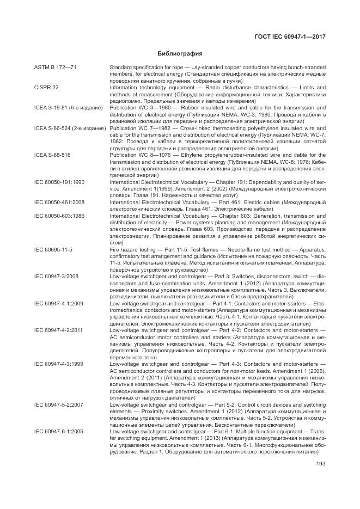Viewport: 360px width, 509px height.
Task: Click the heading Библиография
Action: coord(180,54)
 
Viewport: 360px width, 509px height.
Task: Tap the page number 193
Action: coord(320,464)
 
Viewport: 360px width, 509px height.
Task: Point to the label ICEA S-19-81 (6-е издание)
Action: coord(68,108)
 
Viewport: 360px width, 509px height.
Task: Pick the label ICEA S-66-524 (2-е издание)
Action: coord(69,128)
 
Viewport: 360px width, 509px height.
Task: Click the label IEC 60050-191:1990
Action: coord(59,181)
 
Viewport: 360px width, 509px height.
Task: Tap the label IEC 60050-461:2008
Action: coord(59,201)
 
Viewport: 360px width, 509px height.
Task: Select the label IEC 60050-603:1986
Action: coord(59,215)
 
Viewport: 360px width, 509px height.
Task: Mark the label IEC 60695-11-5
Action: coord(53,249)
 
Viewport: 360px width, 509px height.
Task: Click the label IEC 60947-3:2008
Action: coord(56,276)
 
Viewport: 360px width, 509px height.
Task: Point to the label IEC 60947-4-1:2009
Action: coord(59,303)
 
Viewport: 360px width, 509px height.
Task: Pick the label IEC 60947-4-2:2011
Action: coord(59,330)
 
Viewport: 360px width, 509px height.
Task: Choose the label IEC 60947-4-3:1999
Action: coord(59,363)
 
